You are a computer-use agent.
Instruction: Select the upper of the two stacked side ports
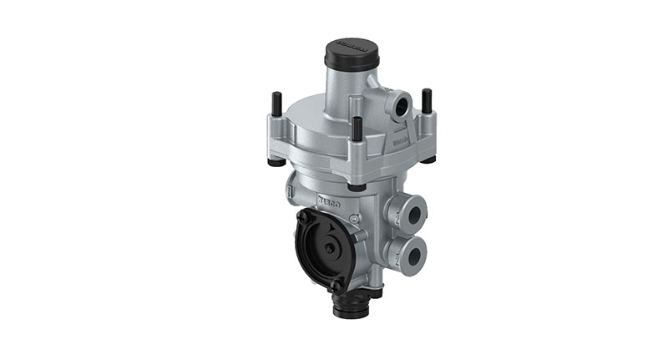pos(412,215)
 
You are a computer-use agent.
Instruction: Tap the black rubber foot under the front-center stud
pos(356,185)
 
